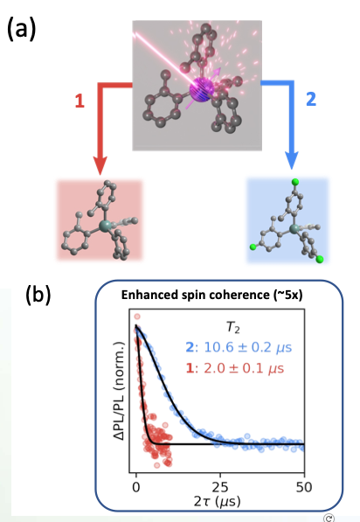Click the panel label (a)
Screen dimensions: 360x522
[x=21, y=29]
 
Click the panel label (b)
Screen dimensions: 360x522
[x=38, y=295]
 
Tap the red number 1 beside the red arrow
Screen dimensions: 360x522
[x=80, y=101]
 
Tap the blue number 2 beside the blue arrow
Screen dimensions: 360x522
[x=311, y=99]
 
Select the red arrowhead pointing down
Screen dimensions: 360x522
[x=100, y=164]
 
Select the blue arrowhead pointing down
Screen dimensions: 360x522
[x=292, y=160]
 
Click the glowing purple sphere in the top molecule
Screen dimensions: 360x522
[x=202, y=89]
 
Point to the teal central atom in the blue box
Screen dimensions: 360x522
[x=294, y=229]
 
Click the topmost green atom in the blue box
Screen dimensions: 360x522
[x=295, y=182]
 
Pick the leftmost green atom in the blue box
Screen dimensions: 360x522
[x=253, y=247]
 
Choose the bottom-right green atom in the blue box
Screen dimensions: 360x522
[x=320, y=260]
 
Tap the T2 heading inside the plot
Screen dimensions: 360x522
[x=233, y=328]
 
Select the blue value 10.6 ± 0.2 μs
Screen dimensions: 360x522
[x=239, y=347]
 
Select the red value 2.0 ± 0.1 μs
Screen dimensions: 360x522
[x=235, y=368]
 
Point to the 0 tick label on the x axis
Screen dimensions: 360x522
[x=136, y=487]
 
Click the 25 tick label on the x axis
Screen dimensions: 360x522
[x=220, y=487]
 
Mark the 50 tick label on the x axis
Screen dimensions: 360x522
[x=304, y=487]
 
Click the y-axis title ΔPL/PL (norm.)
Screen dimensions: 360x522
[x=119, y=391]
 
